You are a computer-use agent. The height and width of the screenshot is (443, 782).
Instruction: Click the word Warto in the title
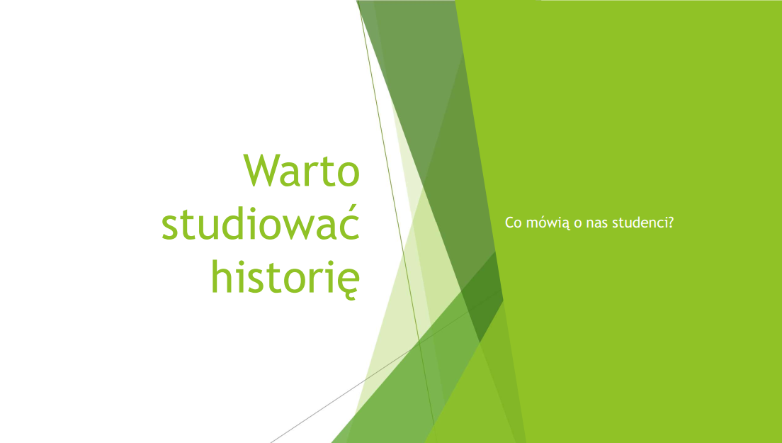tap(302, 170)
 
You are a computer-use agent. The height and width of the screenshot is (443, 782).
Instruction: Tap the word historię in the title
tap(285, 276)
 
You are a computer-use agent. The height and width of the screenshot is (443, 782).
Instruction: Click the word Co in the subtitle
tap(513, 223)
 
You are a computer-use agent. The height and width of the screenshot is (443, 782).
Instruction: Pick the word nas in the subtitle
tap(597, 223)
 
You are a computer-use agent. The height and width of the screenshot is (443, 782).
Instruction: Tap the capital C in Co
tap(510, 223)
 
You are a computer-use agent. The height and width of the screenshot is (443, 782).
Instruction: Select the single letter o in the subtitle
tap(578, 223)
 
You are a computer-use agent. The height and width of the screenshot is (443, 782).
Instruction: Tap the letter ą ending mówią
tap(565, 225)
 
